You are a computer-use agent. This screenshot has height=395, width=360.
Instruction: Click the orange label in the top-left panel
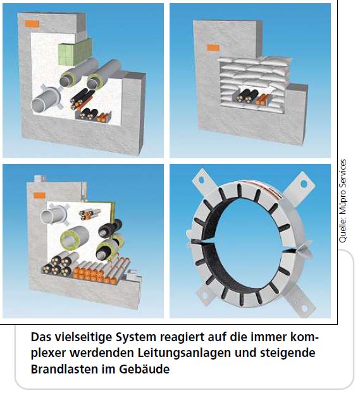[x=32, y=24]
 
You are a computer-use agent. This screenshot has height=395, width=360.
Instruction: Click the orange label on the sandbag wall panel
[x=213, y=47]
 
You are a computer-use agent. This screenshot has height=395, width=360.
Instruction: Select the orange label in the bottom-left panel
[x=39, y=195]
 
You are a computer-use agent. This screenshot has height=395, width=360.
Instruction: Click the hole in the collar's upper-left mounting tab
[x=201, y=180]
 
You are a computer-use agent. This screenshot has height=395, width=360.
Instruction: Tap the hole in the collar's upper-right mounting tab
[x=304, y=184]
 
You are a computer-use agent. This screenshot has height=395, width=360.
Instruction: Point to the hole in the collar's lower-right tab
[x=305, y=308]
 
